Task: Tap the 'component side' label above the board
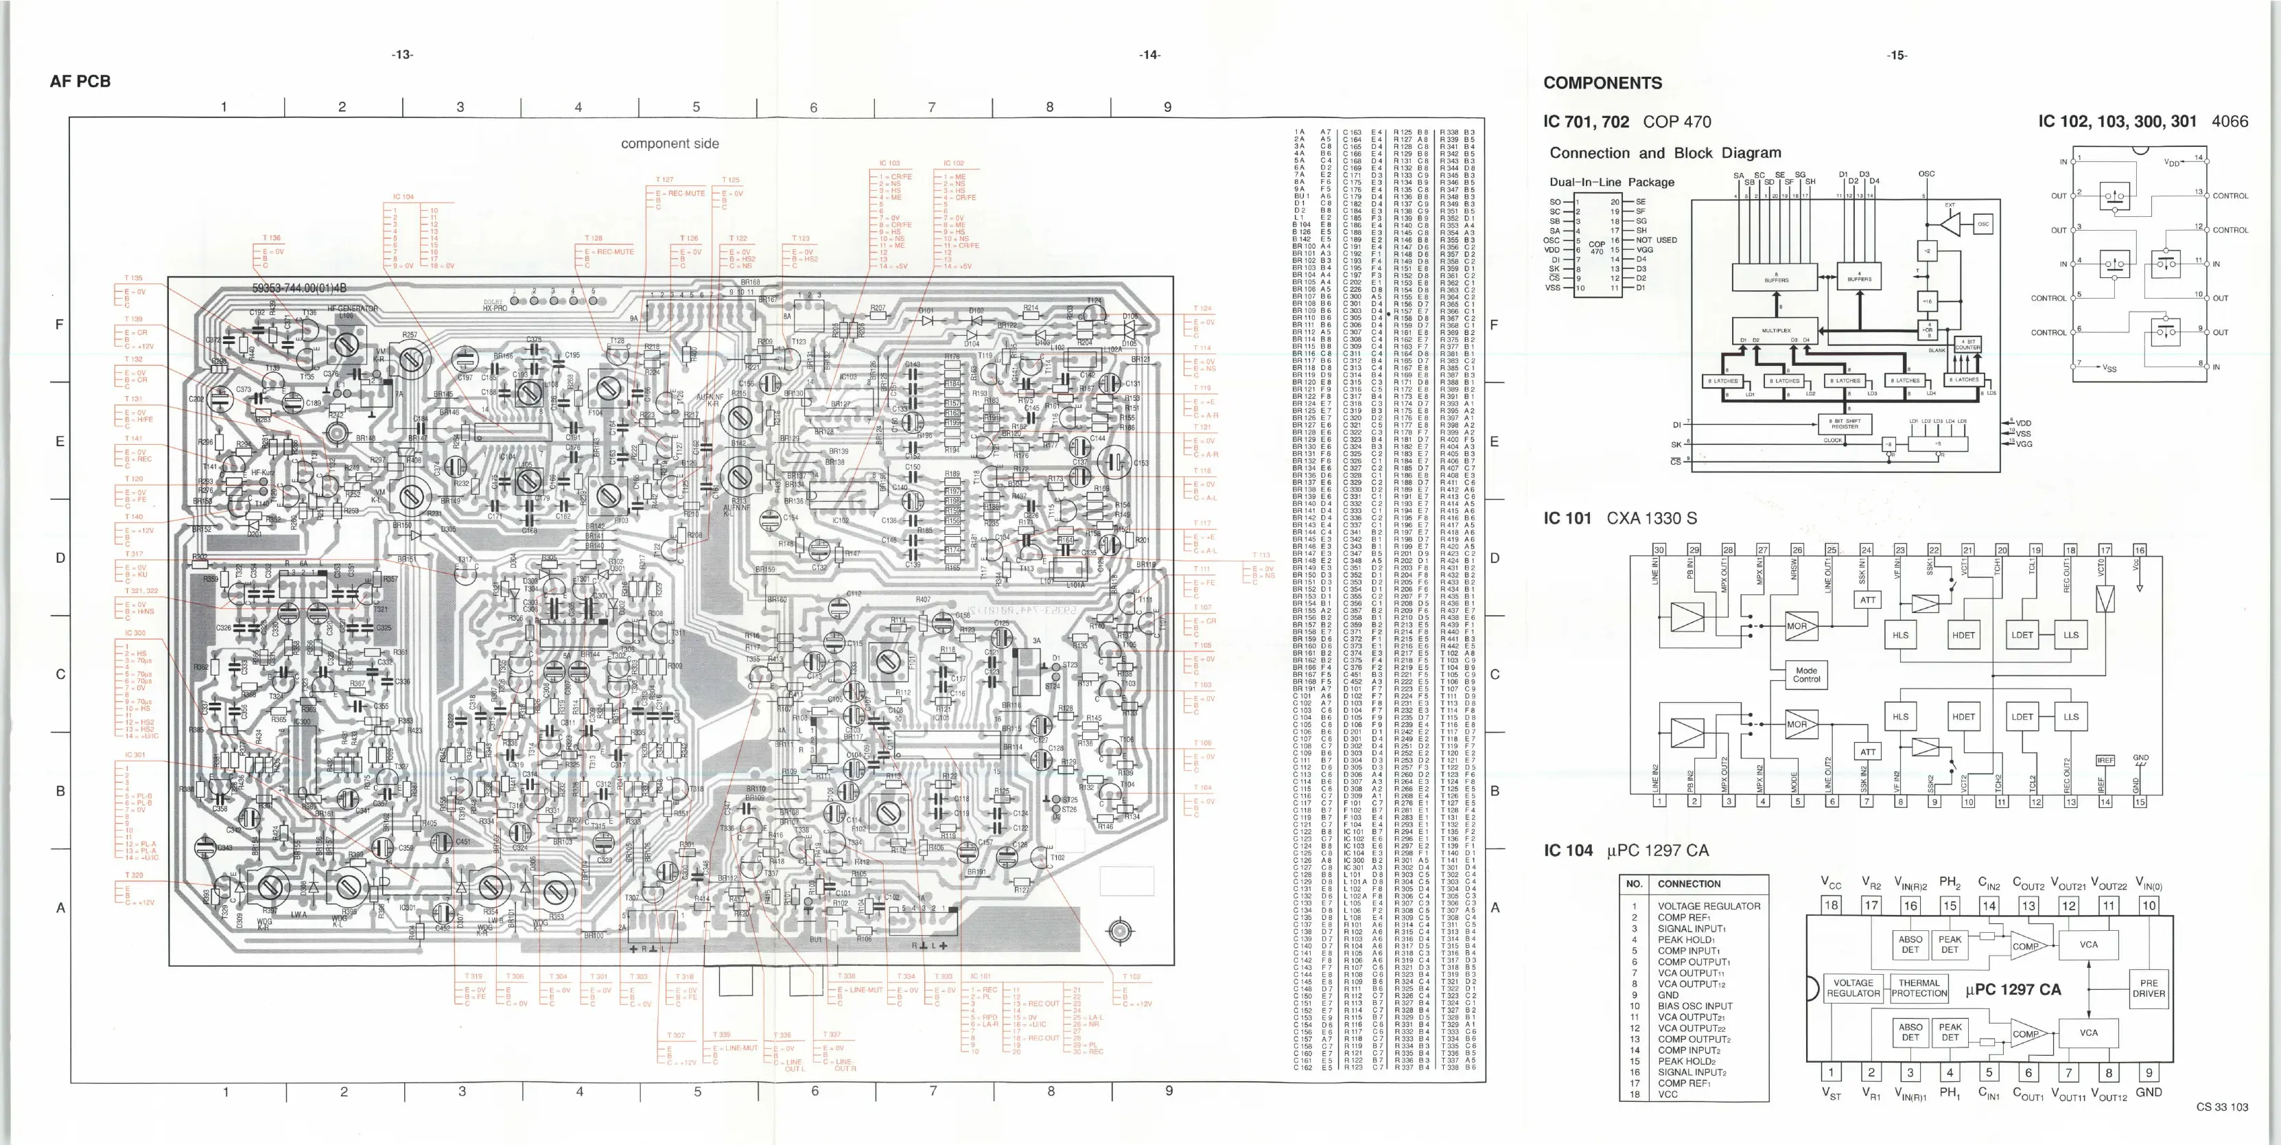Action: click(x=670, y=143)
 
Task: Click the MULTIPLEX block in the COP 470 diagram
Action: click(x=1776, y=331)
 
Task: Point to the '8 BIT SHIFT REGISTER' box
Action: click(x=1845, y=424)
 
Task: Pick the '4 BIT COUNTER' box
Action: click(x=1967, y=345)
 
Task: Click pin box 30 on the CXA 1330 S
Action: click(x=1659, y=550)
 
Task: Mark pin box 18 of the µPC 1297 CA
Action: click(x=1830, y=905)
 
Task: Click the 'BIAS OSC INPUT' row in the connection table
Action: click(x=1695, y=1006)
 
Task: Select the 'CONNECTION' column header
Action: click(x=1689, y=883)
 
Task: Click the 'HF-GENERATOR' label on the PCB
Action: click(x=353, y=309)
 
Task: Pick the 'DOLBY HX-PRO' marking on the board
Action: click(x=494, y=305)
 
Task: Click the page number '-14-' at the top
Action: click(x=1149, y=55)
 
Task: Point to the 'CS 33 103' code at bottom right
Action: click(x=2222, y=1107)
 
